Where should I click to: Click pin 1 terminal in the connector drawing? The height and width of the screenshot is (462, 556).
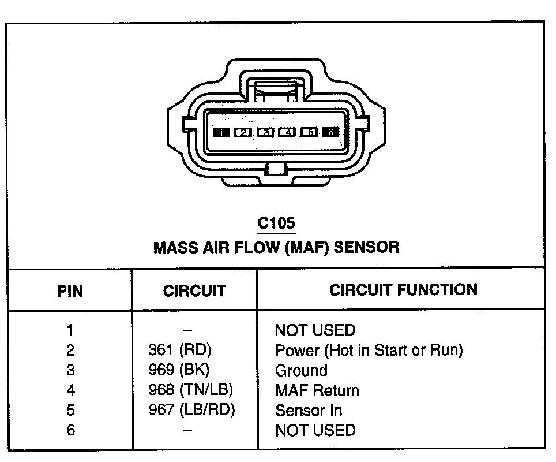click(221, 132)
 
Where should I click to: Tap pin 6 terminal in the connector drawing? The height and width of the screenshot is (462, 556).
click(330, 132)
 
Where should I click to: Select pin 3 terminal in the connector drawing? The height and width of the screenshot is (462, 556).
click(265, 132)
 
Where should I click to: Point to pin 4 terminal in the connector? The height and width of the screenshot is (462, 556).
click(287, 132)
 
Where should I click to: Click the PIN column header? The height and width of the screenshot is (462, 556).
click(70, 290)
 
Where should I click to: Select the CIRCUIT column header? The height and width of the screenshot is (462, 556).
click(194, 290)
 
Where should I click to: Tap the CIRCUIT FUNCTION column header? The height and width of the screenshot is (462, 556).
click(403, 289)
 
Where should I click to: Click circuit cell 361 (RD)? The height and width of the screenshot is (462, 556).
click(180, 350)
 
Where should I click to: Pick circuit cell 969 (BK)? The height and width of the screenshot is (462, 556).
click(179, 370)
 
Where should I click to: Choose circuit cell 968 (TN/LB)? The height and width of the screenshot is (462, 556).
click(191, 390)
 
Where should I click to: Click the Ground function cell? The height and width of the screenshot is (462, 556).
click(301, 370)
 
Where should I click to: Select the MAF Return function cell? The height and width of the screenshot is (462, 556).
click(317, 390)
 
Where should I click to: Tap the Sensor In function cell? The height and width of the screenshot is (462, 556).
click(309, 410)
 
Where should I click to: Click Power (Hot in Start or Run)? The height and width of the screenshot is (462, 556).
click(369, 350)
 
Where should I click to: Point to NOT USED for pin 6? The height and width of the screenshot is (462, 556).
click(315, 430)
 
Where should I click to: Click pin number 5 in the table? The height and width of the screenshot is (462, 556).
click(70, 410)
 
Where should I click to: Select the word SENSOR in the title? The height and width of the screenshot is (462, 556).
click(367, 248)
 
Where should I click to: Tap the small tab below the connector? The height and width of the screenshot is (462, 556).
click(276, 169)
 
